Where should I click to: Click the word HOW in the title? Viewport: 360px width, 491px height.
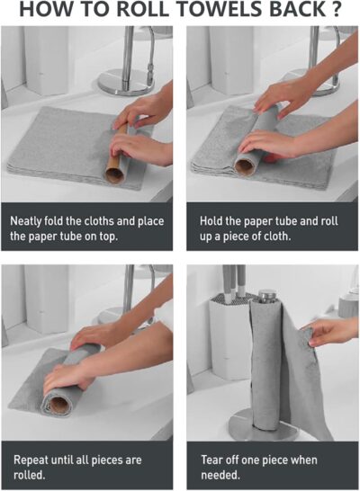click(46, 11)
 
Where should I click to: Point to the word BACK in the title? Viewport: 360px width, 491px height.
click(290, 11)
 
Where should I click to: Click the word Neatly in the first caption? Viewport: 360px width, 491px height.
click(28, 219)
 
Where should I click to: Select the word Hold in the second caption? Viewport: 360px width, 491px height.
click(212, 219)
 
